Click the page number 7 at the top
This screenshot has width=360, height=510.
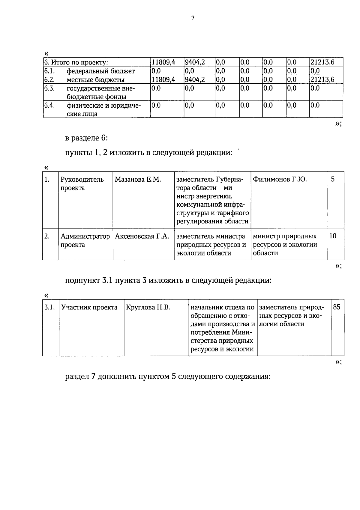pos(193,18)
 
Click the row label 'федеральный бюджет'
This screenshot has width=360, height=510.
pos(100,71)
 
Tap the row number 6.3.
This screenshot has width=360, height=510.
pos(49,88)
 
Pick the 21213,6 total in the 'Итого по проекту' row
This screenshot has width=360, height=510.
pos(322,62)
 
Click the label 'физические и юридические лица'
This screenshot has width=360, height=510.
pos(103,109)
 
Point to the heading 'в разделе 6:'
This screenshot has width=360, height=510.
pos(86,138)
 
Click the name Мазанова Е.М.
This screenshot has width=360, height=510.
pos(138,180)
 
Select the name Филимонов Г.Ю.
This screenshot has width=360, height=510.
pos(280,180)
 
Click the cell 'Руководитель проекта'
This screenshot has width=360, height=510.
pos(82,183)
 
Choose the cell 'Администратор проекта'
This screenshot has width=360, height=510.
pos(85,240)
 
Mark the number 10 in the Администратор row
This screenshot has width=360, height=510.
pos(333,236)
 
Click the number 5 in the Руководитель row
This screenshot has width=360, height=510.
pos(333,180)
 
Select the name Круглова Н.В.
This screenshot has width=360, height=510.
pos(148,308)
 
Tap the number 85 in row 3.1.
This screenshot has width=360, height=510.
pos(337,308)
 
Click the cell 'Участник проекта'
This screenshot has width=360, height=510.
pos(89,308)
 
